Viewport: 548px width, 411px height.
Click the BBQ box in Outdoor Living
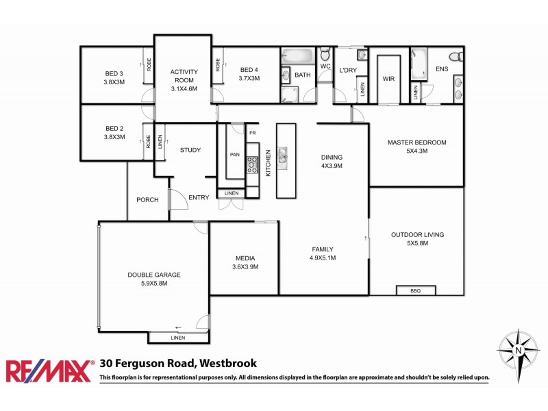(416, 290)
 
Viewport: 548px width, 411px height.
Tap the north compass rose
(518, 351)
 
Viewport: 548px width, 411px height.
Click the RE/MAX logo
(49, 371)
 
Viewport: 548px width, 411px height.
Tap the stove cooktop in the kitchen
(252, 164)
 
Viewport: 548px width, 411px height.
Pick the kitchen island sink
(286, 162)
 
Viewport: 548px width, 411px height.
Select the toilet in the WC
(325, 54)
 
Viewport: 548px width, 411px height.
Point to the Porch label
(147, 200)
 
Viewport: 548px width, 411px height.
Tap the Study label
(190, 150)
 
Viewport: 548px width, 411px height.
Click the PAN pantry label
(235, 155)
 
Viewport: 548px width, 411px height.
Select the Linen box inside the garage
(178, 338)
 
